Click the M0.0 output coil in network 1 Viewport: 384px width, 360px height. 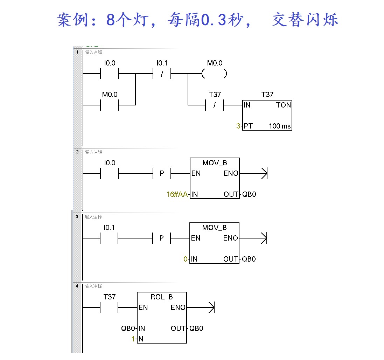[x=214, y=74]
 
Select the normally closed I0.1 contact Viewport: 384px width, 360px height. [x=162, y=74]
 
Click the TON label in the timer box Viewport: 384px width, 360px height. [x=283, y=105]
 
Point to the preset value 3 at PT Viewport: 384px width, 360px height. [x=238, y=126]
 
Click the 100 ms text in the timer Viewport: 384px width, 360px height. [x=280, y=126]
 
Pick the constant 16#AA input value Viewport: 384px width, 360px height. [x=177, y=194]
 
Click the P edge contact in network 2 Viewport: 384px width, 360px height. [x=162, y=173]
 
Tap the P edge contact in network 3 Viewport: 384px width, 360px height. [x=162, y=238]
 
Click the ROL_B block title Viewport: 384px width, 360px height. [x=162, y=297]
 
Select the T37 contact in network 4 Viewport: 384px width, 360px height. [x=110, y=308]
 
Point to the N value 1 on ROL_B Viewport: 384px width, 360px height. [x=133, y=339]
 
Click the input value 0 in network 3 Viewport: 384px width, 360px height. [x=186, y=259]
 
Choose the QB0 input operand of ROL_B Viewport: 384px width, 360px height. [x=128, y=328]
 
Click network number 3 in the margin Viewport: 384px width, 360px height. [x=77, y=217]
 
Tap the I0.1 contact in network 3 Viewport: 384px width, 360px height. [x=110, y=238]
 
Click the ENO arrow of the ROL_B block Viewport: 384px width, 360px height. [x=211, y=308]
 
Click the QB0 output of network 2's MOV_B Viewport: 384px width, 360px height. [x=249, y=194]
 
